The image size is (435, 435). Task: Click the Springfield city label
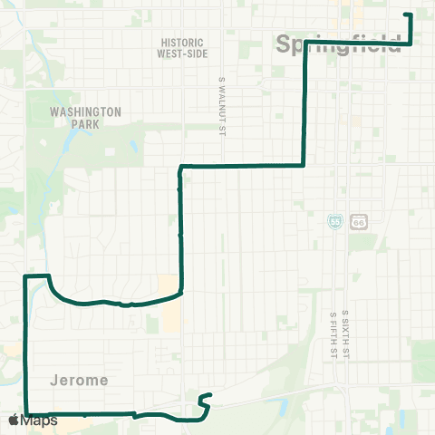click(336, 43)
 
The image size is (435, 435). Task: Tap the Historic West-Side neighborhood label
click(184, 48)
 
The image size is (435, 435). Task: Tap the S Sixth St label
click(345, 335)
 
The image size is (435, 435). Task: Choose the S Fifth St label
click(333, 334)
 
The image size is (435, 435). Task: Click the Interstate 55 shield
click(336, 221)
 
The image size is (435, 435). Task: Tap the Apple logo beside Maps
click(14, 420)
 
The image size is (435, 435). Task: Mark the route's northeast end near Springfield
click(406, 14)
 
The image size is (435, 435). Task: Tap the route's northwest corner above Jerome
click(24, 275)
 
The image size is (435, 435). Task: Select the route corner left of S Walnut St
click(182, 167)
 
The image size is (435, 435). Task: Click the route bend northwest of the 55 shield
click(303, 165)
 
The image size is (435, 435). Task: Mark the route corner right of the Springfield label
click(411, 43)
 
